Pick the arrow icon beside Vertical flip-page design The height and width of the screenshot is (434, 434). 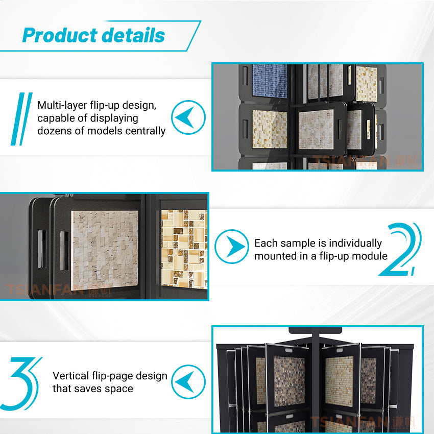(188, 382)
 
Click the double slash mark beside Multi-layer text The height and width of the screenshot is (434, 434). (21, 118)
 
